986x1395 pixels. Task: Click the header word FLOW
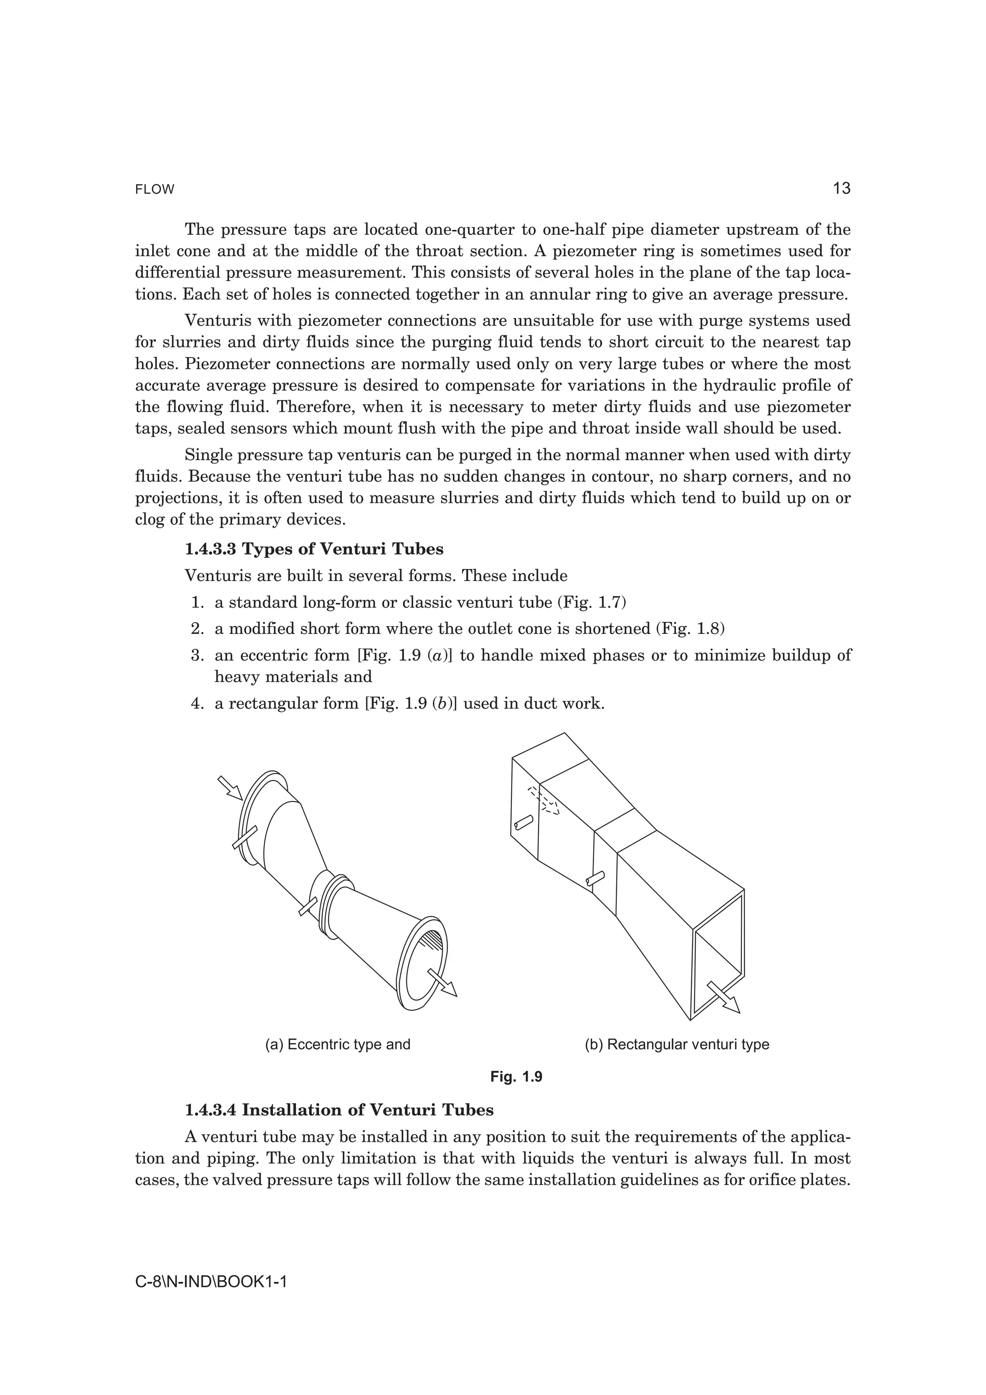(x=155, y=190)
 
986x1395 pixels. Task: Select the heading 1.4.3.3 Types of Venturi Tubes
(x=314, y=549)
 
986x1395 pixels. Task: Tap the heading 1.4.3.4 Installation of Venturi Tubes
(x=339, y=1110)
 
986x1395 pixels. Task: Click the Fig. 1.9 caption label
(x=516, y=1077)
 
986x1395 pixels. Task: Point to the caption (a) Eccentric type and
(x=338, y=1045)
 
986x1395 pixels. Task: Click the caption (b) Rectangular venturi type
(x=677, y=1045)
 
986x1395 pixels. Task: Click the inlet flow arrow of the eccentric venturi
(x=230, y=788)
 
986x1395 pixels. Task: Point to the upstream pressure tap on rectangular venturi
(x=523, y=823)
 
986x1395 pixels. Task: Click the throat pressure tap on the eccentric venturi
(x=308, y=907)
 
